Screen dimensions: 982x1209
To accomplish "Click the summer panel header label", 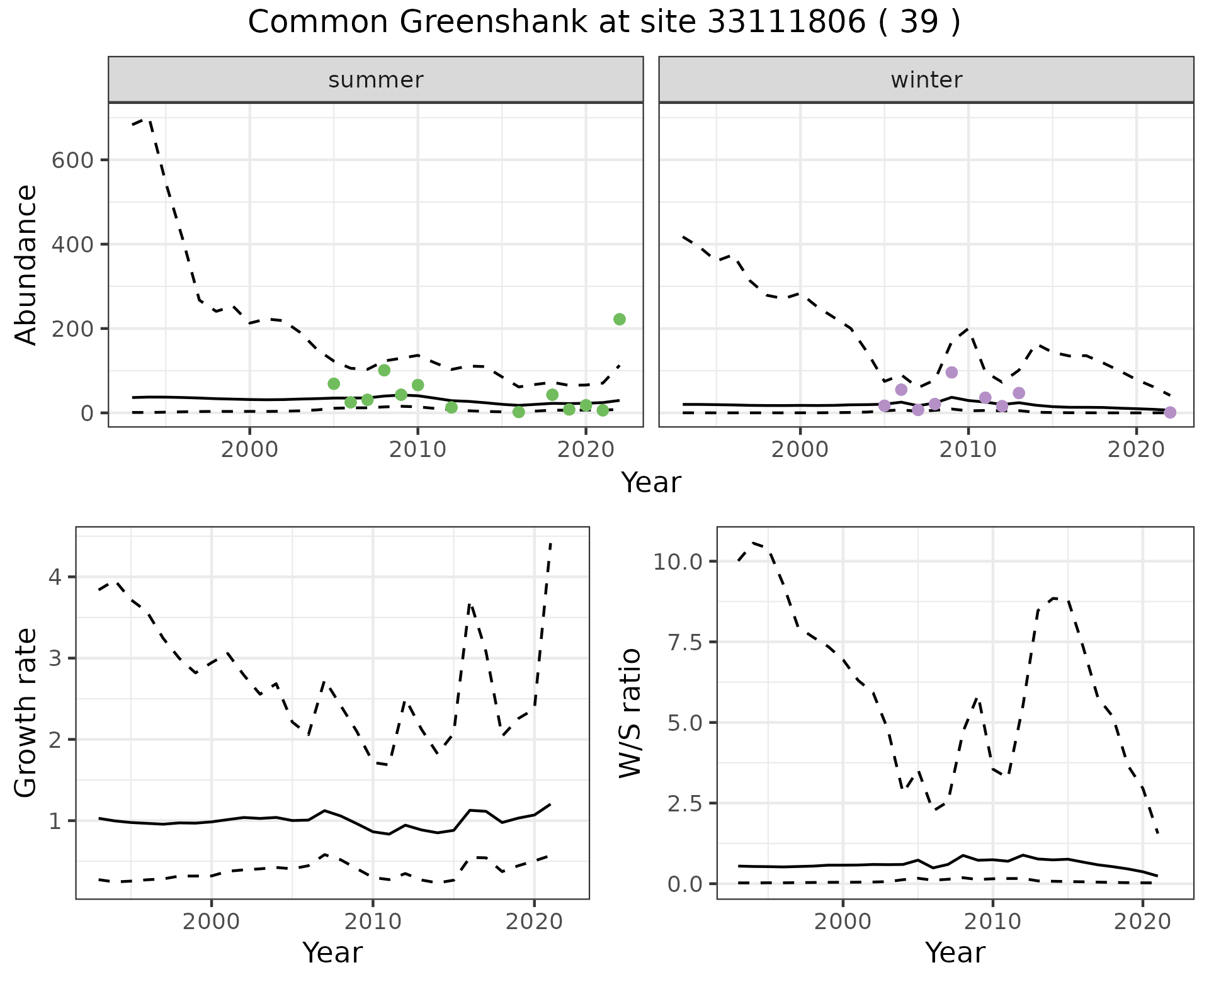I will click(376, 80).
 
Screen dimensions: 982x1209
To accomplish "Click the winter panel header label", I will click(926, 80).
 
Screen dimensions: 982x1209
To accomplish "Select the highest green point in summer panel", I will click(619, 319).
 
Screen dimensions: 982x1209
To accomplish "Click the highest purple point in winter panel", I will click(951, 372).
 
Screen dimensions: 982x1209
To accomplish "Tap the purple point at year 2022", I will click(1170, 412).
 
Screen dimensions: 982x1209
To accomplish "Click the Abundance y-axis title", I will click(26, 264).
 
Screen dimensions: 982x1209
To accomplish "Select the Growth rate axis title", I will click(26, 713).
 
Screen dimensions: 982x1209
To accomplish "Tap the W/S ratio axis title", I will click(630, 713).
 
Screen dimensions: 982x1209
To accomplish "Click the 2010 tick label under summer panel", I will click(417, 451).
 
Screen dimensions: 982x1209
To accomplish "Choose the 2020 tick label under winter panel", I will click(1136, 451).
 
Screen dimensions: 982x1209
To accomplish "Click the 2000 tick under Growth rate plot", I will click(212, 922).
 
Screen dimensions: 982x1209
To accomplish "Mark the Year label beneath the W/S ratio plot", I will click(955, 952).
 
